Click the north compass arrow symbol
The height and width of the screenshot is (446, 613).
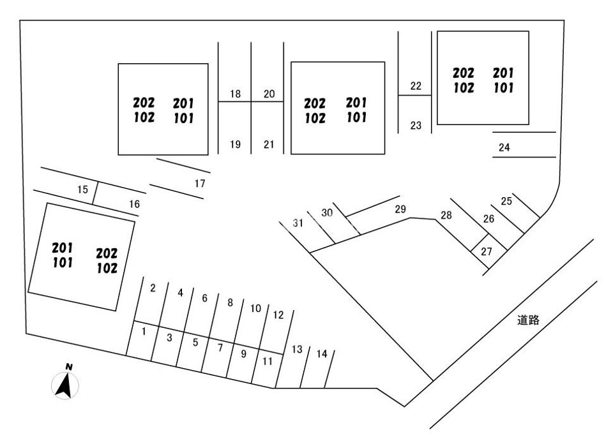[65, 385]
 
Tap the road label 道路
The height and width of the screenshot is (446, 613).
[528, 320]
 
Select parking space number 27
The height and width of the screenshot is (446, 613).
[487, 251]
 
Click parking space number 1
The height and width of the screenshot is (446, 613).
[144, 332]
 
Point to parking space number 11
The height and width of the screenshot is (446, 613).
[268, 361]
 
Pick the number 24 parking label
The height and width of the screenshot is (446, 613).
[504, 147]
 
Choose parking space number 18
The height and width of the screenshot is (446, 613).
[236, 94]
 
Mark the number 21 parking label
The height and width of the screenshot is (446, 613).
[269, 144]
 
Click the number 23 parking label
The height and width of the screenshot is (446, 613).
[416, 125]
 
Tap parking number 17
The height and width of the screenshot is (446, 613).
[200, 183]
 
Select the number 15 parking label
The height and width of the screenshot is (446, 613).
[82, 190]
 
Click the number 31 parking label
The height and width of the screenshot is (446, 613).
[298, 223]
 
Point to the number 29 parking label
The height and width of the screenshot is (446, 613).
[400, 209]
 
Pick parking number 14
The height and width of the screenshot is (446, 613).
[322, 354]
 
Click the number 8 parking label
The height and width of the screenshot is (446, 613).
[231, 302]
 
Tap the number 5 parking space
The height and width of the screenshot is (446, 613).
[195, 343]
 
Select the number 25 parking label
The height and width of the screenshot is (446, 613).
[506, 201]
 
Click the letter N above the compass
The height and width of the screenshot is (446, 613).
[69, 367]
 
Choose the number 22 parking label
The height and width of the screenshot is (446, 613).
[416, 85]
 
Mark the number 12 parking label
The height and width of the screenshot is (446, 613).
[278, 315]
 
